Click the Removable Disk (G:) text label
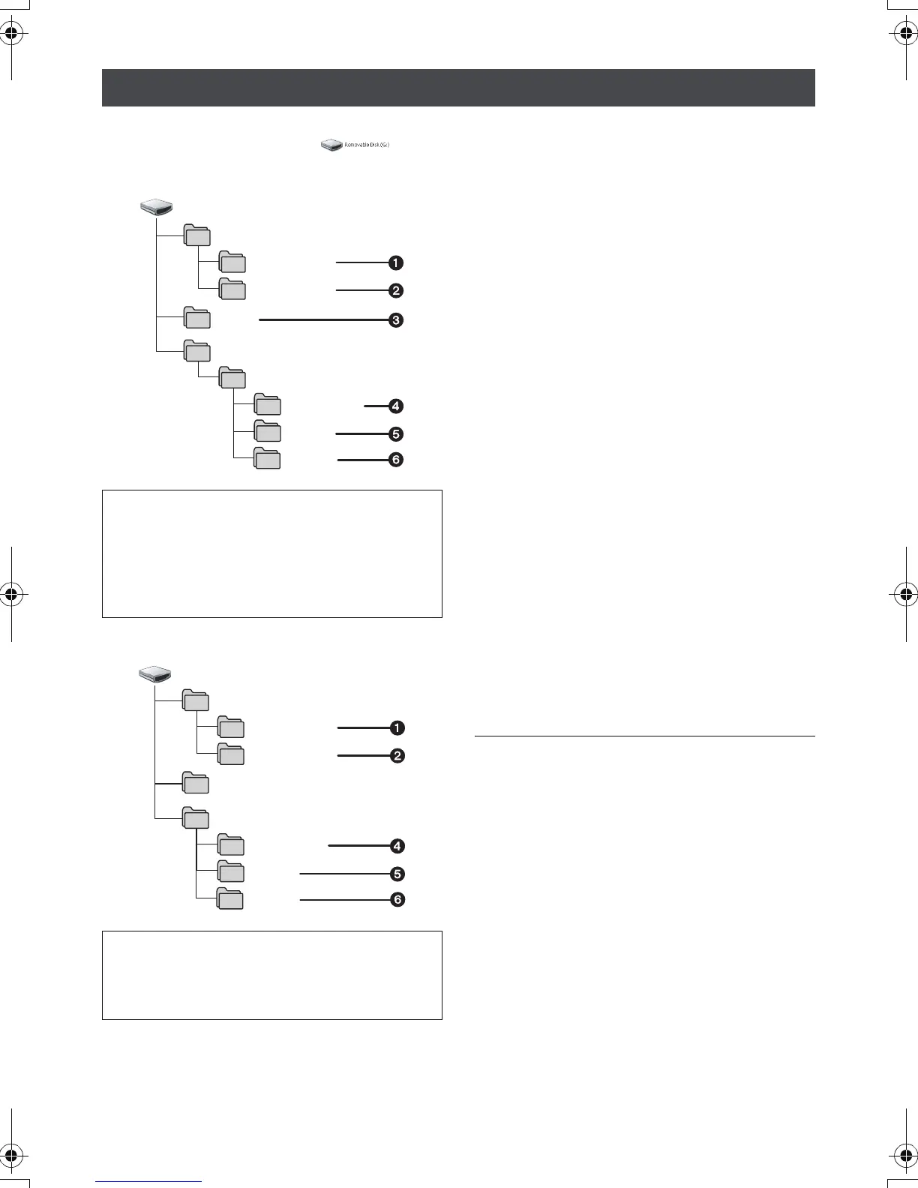(x=367, y=144)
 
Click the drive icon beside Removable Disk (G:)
(x=331, y=144)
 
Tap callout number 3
(x=395, y=320)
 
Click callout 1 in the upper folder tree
(x=395, y=262)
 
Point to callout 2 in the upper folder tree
(x=395, y=290)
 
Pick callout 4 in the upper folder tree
(x=395, y=406)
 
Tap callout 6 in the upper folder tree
(x=395, y=460)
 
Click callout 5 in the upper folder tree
(x=395, y=433)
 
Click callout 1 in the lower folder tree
(x=397, y=727)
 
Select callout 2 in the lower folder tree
(x=397, y=755)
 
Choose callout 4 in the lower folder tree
(x=397, y=846)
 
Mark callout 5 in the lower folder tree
(x=397, y=874)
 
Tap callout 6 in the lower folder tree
(x=397, y=899)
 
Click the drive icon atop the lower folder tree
(x=155, y=673)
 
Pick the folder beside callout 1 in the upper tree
(x=232, y=262)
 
